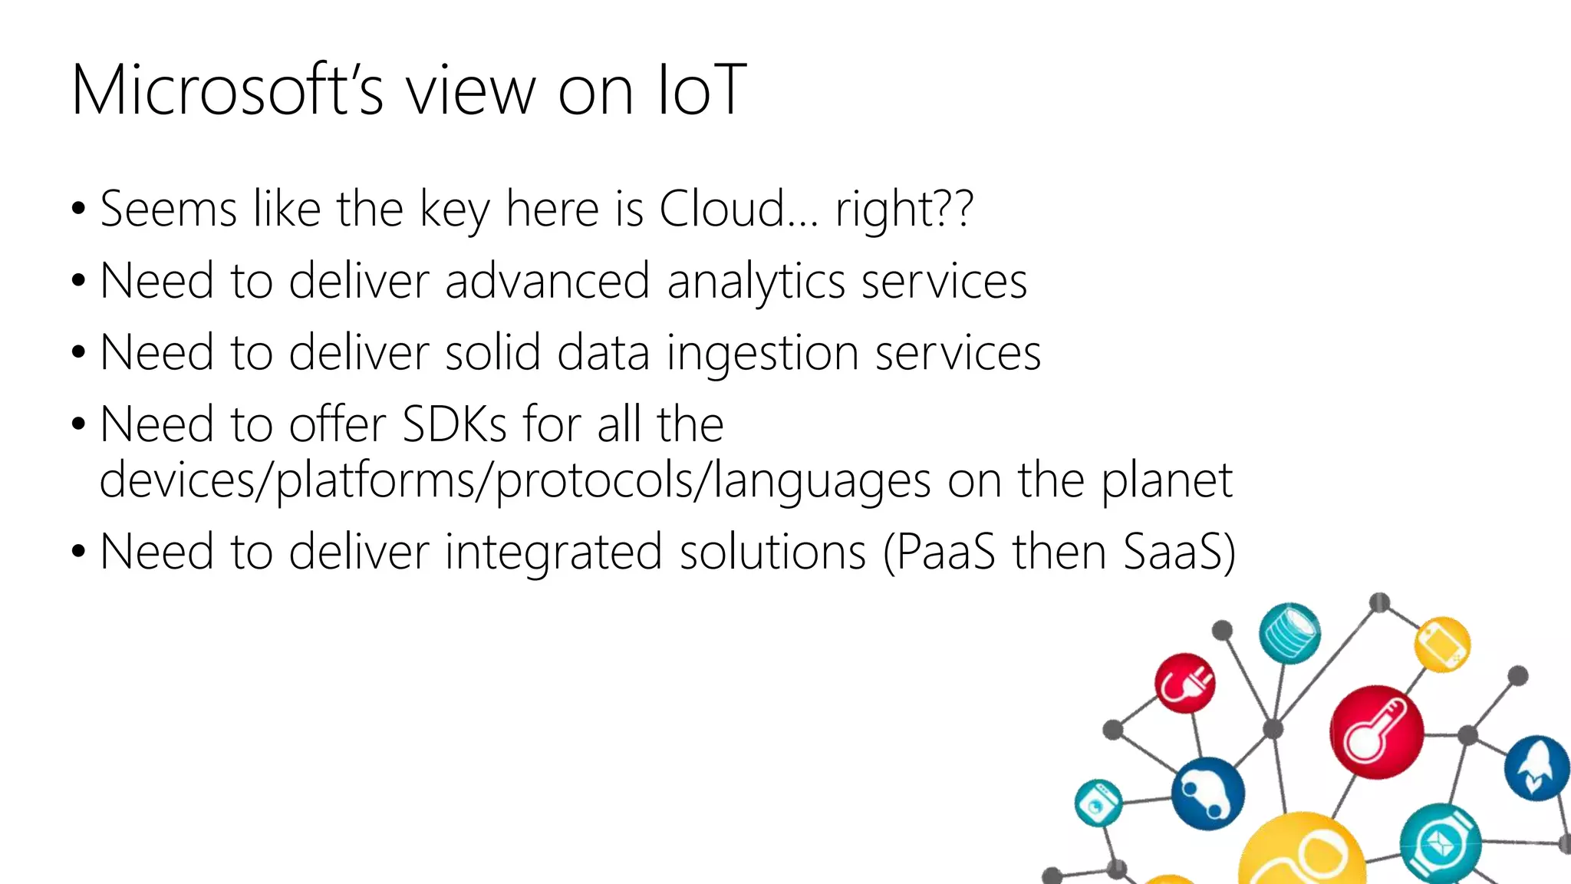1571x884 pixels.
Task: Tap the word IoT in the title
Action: (701, 91)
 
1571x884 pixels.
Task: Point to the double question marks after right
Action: (956, 209)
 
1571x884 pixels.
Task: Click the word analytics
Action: (756, 281)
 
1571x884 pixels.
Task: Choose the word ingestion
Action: (762, 354)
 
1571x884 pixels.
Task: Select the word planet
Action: (1167, 482)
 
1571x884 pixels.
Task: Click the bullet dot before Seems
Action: (78, 209)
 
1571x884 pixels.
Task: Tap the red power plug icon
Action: (1185, 682)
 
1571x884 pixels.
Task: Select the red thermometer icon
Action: (1377, 731)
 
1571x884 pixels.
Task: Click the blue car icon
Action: (1207, 793)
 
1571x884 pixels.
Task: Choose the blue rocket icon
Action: (1536, 768)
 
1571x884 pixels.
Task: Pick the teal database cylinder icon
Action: (1290, 632)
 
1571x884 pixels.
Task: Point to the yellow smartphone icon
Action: (1442, 644)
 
